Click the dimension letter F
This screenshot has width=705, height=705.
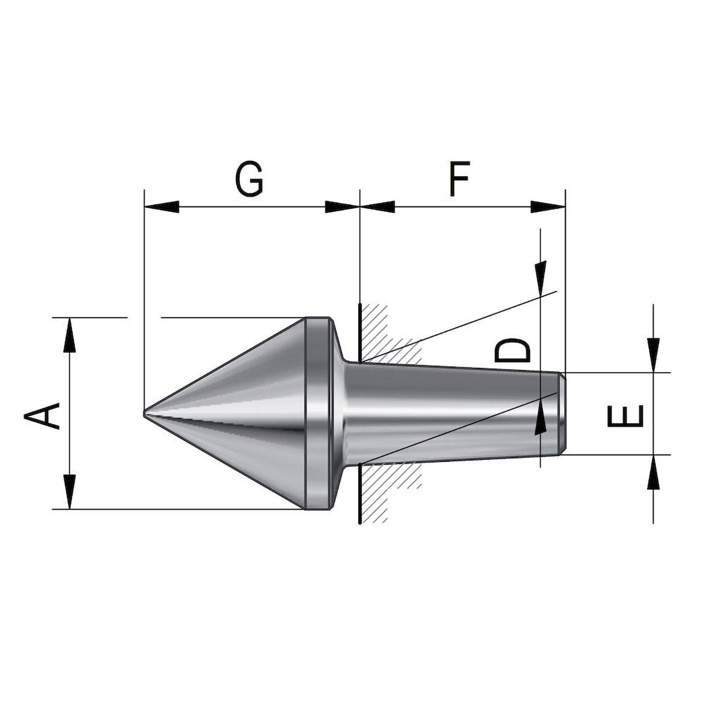pyautogui.click(x=460, y=179)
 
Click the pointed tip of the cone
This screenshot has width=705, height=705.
pyautogui.click(x=145, y=414)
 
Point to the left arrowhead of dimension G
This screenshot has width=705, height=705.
pyautogui.click(x=161, y=207)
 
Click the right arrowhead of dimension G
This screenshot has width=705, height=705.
pyautogui.click(x=341, y=207)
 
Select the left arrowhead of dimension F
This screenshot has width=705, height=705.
pyautogui.click(x=378, y=207)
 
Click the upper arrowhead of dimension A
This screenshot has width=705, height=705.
pyautogui.click(x=69, y=336)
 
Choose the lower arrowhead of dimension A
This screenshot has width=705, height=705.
pyautogui.click(x=69, y=491)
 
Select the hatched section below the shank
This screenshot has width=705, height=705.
pyautogui.click(x=388, y=485)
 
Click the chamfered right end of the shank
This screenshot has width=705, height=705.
pyautogui.click(x=561, y=413)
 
